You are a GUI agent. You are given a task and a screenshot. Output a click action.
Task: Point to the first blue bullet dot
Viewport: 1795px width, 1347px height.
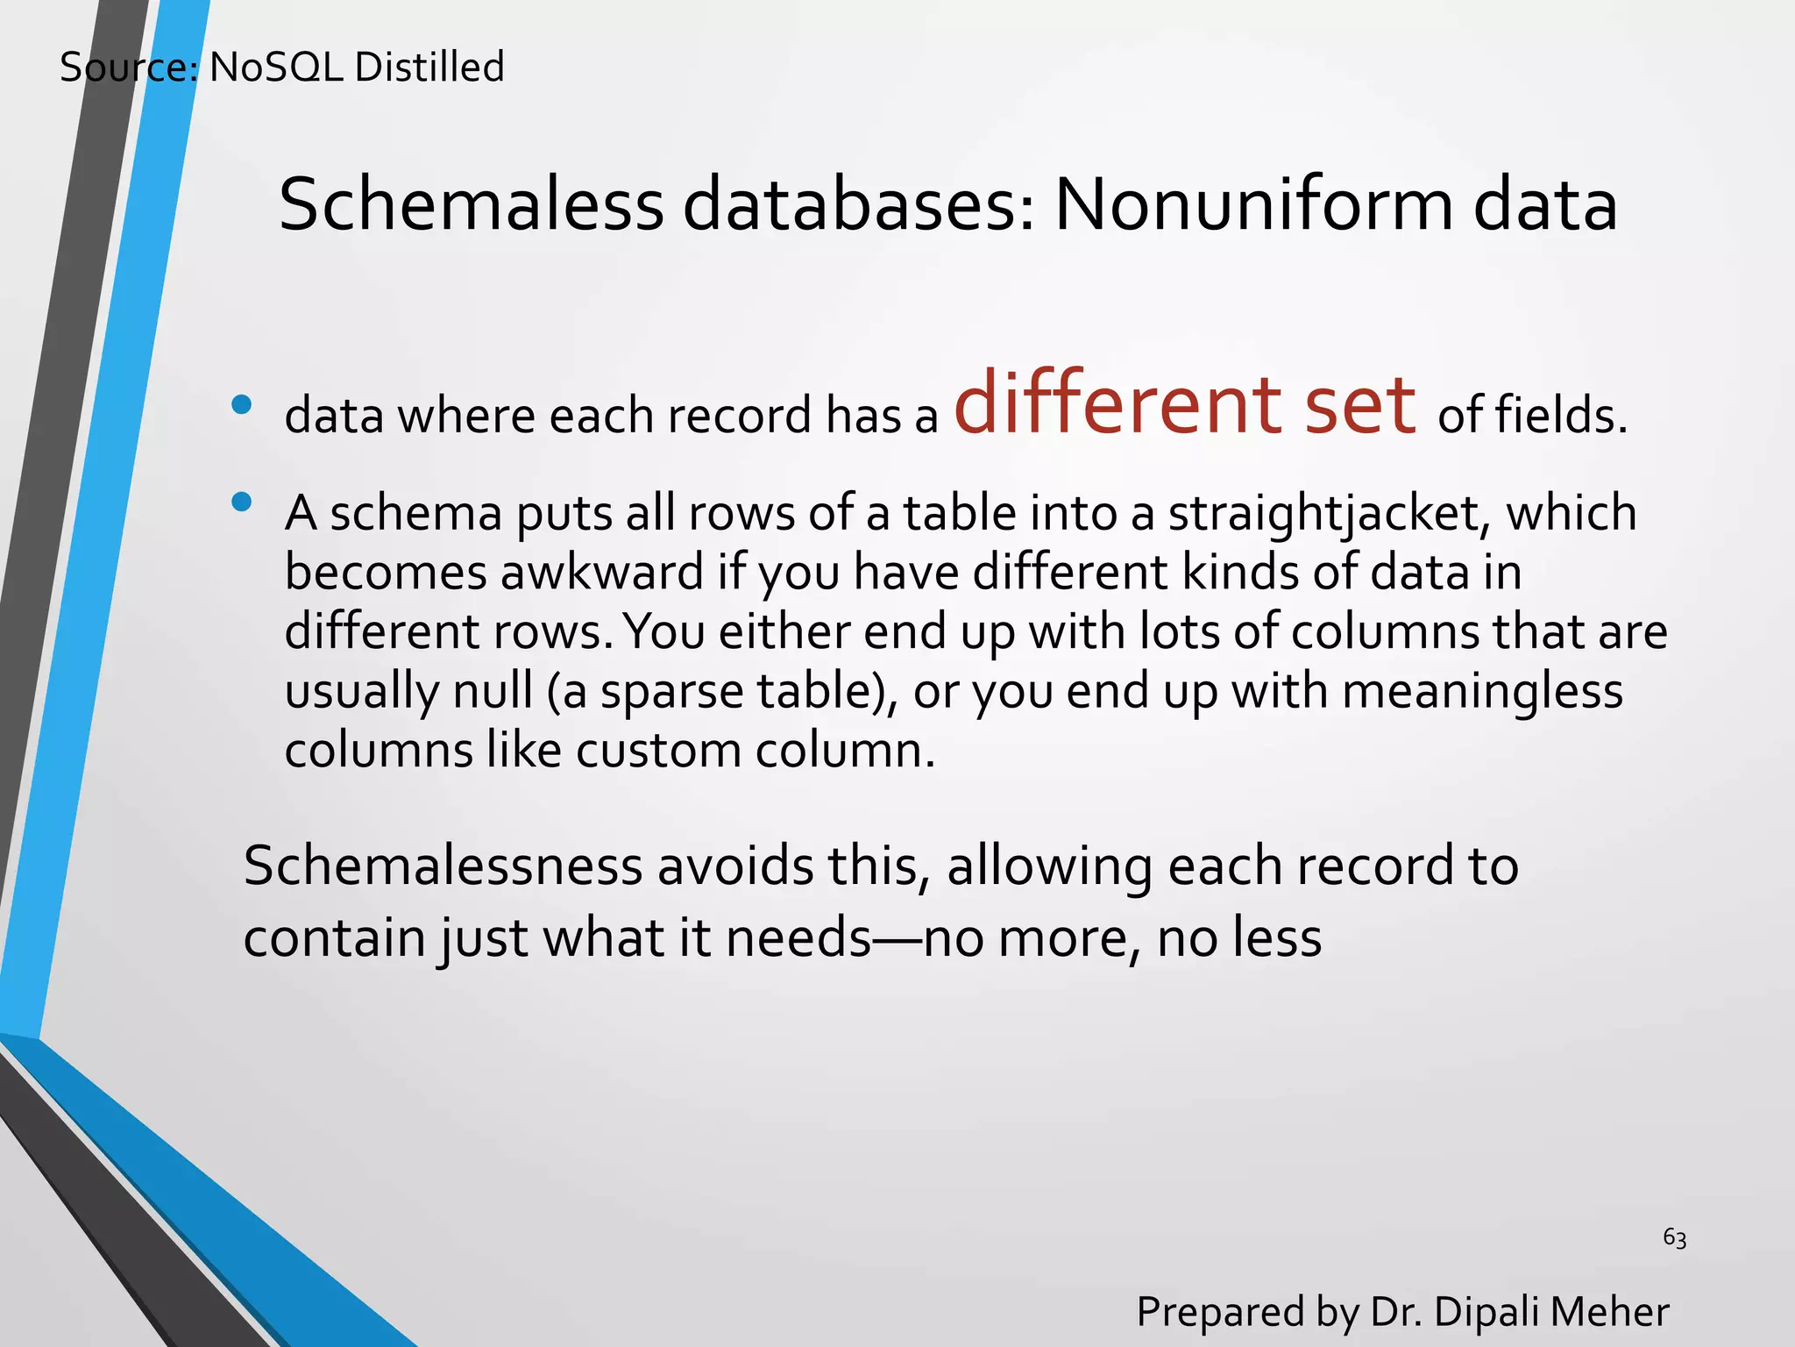pyautogui.click(x=242, y=404)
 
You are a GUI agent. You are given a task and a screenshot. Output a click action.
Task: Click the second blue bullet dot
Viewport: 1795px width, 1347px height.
pyautogui.click(x=242, y=502)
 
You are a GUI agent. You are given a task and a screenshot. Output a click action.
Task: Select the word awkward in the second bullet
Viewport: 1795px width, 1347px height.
pyautogui.click(x=602, y=573)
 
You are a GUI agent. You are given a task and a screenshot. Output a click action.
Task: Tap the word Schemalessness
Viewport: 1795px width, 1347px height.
pyautogui.click(x=443, y=866)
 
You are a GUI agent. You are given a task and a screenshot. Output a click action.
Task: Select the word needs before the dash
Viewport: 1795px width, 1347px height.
pyautogui.click(x=798, y=937)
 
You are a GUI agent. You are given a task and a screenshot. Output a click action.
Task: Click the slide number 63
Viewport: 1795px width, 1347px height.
pyautogui.click(x=1674, y=1237)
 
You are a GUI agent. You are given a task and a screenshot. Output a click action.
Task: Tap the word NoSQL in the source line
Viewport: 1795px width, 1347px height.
pyautogui.click(x=276, y=68)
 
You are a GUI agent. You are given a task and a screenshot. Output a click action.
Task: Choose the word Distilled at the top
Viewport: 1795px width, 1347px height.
pyautogui.click(x=429, y=68)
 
